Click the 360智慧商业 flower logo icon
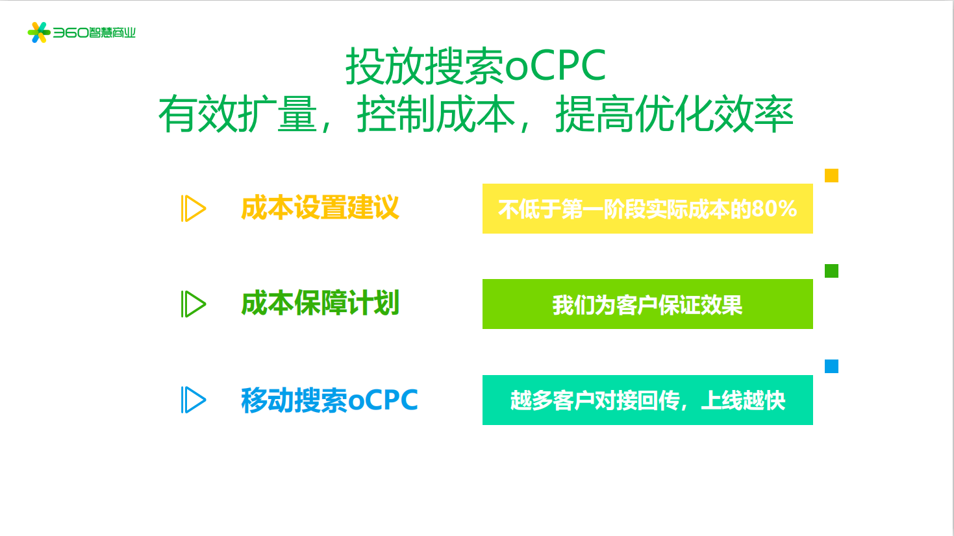click(x=39, y=32)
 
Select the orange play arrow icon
click(x=194, y=208)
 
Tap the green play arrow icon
click(x=194, y=304)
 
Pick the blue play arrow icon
click(x=194, y=400)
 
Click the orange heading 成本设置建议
click(x=320, y=208)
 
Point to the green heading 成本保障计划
click(x=320, y=303)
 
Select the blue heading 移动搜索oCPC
click(x=330, y=400)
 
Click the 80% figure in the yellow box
click(x=774, y=209)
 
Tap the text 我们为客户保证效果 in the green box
click(x=647, y=305)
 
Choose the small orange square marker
click(x=831, y=175)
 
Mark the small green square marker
click(x=831, y=271)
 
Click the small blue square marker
click(x=831, y=366)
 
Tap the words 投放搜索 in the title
click(x=425, y=66)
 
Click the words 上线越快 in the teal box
click(x=743, y=400)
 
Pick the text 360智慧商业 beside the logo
click(x=94, y=32)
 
